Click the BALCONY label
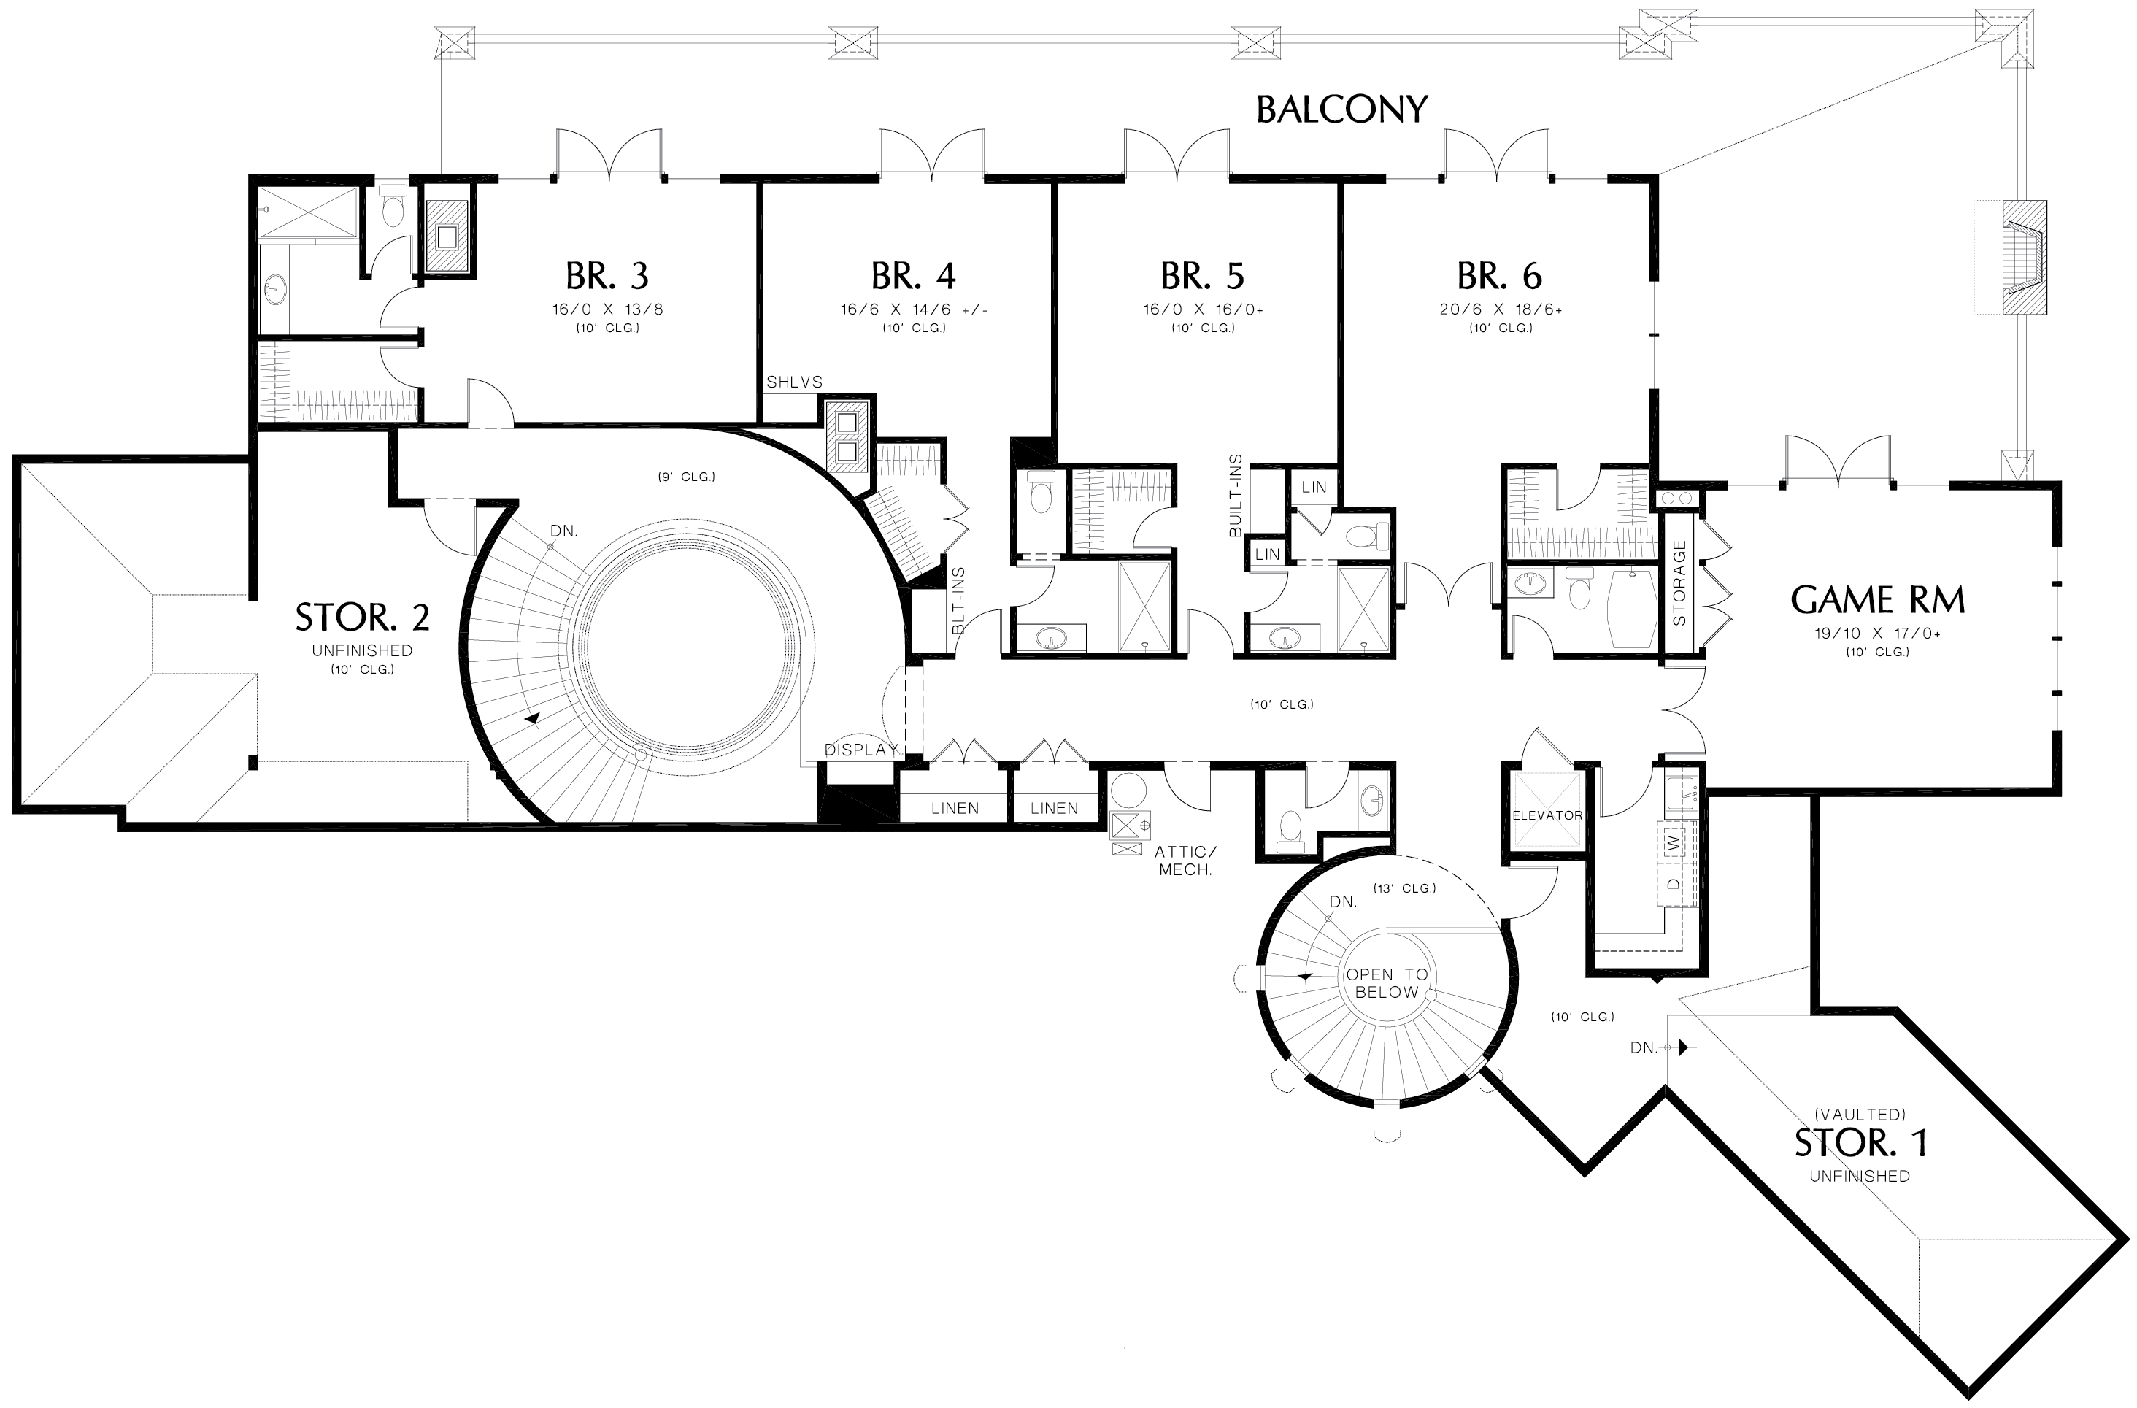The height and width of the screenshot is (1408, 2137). click(1341, 109)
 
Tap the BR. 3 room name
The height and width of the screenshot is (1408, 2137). click(607, 277)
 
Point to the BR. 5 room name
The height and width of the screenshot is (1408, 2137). click(1202, 277)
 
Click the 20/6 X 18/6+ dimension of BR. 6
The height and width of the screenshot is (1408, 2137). click(1501, 309)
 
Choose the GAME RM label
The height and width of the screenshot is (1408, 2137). click(1877, 600)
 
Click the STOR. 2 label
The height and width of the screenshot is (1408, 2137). click(363, 618)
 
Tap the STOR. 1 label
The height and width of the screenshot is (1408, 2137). click(1860, 1143)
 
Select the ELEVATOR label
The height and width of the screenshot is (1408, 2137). click(1547, 815)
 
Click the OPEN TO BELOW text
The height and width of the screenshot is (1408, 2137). click(1387, 983)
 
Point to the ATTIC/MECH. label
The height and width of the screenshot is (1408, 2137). click(1185, 861)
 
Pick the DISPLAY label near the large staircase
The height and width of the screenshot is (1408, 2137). click(861, 750)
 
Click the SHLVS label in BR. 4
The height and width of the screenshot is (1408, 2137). click(794, 382)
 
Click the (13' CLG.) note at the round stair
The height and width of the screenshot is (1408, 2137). click(1404, 888)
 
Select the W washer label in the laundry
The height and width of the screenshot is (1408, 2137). click(1672, 842)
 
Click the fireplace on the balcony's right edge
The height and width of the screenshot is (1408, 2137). click(2025, 258)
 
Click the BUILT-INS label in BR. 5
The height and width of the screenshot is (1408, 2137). click(1236, 496)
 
